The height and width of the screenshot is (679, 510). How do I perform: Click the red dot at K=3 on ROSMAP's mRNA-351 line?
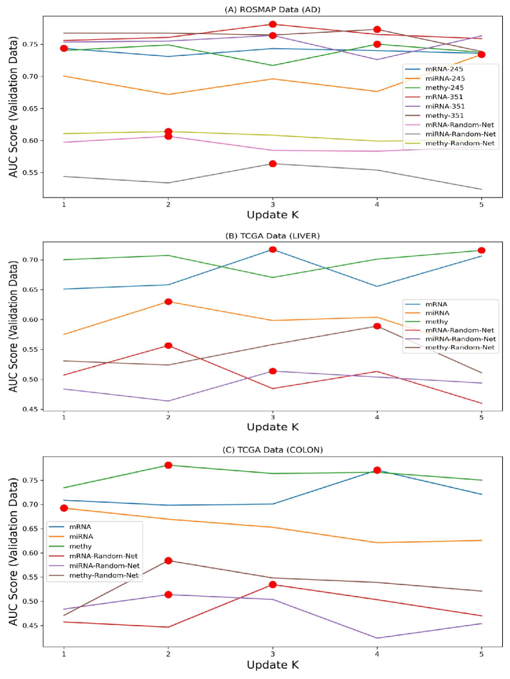coord(273,24)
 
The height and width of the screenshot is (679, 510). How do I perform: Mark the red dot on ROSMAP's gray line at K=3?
coord(273,164)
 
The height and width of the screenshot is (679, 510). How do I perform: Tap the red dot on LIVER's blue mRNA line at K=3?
coord(273,249)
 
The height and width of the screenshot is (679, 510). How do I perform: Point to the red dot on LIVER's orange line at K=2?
coord(168,302)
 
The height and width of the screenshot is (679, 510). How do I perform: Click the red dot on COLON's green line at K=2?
coord(168,465)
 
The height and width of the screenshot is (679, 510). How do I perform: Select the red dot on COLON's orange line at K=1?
coord(64,508)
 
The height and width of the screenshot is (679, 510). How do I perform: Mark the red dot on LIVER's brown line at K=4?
coord(377,326)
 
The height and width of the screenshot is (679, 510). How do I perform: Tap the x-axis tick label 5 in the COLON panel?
coord(482,652)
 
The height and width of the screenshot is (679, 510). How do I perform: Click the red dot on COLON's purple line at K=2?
coord(168,595)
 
